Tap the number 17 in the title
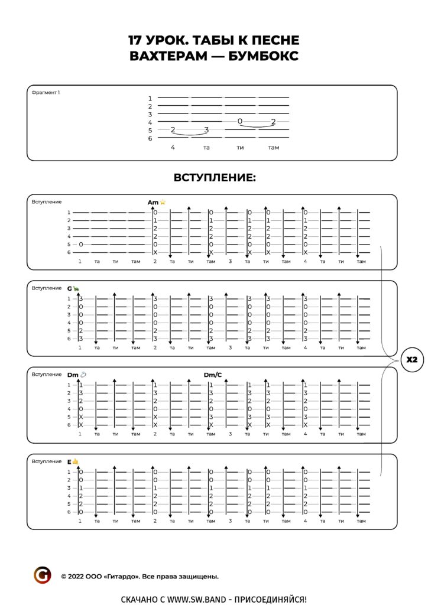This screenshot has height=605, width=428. click(x=136, y=40)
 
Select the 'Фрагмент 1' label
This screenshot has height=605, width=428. click(x=46, y=92)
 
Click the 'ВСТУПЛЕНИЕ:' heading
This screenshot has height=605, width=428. click(x=214, y=178)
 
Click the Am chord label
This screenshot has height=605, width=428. click(x=153, y=202)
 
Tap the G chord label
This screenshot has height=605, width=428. click(x=69, y=288)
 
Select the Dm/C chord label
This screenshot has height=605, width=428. click(x=213, y=375)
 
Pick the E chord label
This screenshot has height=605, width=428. click(x=69, y=461)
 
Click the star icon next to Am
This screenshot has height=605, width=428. click(x=163, y=202)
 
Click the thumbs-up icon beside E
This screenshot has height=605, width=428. click(x=76, y=461)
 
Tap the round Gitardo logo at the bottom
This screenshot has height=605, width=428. click(x=43, y=575)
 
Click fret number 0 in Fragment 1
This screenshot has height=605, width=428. click(x=240, y=121)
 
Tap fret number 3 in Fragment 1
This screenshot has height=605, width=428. click(x=206, y=130)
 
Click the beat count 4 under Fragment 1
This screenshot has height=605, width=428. click(x=173, y=147)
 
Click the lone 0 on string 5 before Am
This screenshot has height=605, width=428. click(x=80, y=244)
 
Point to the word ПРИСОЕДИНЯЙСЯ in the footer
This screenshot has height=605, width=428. click(x=270, y=599)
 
